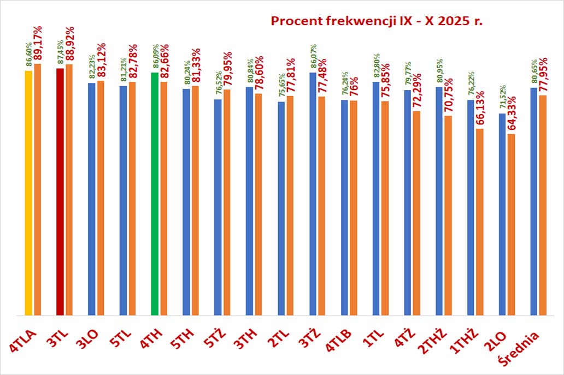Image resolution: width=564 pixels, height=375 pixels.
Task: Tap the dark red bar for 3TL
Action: [x=60, y=192]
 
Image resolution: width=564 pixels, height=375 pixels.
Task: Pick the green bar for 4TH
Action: [x=155, y=194]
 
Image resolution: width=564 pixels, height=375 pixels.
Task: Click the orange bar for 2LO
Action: [x=511, y=224]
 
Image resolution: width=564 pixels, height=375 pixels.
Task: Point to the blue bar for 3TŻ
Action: [x=313, y=194]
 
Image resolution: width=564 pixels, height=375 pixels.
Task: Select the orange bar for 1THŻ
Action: [x=480, y=222]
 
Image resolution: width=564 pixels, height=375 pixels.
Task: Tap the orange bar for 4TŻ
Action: [x=417, y=213]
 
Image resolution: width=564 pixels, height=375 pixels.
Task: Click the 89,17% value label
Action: [x=38, y=44]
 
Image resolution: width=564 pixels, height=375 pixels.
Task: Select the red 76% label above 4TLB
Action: [x=354, y=86]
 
